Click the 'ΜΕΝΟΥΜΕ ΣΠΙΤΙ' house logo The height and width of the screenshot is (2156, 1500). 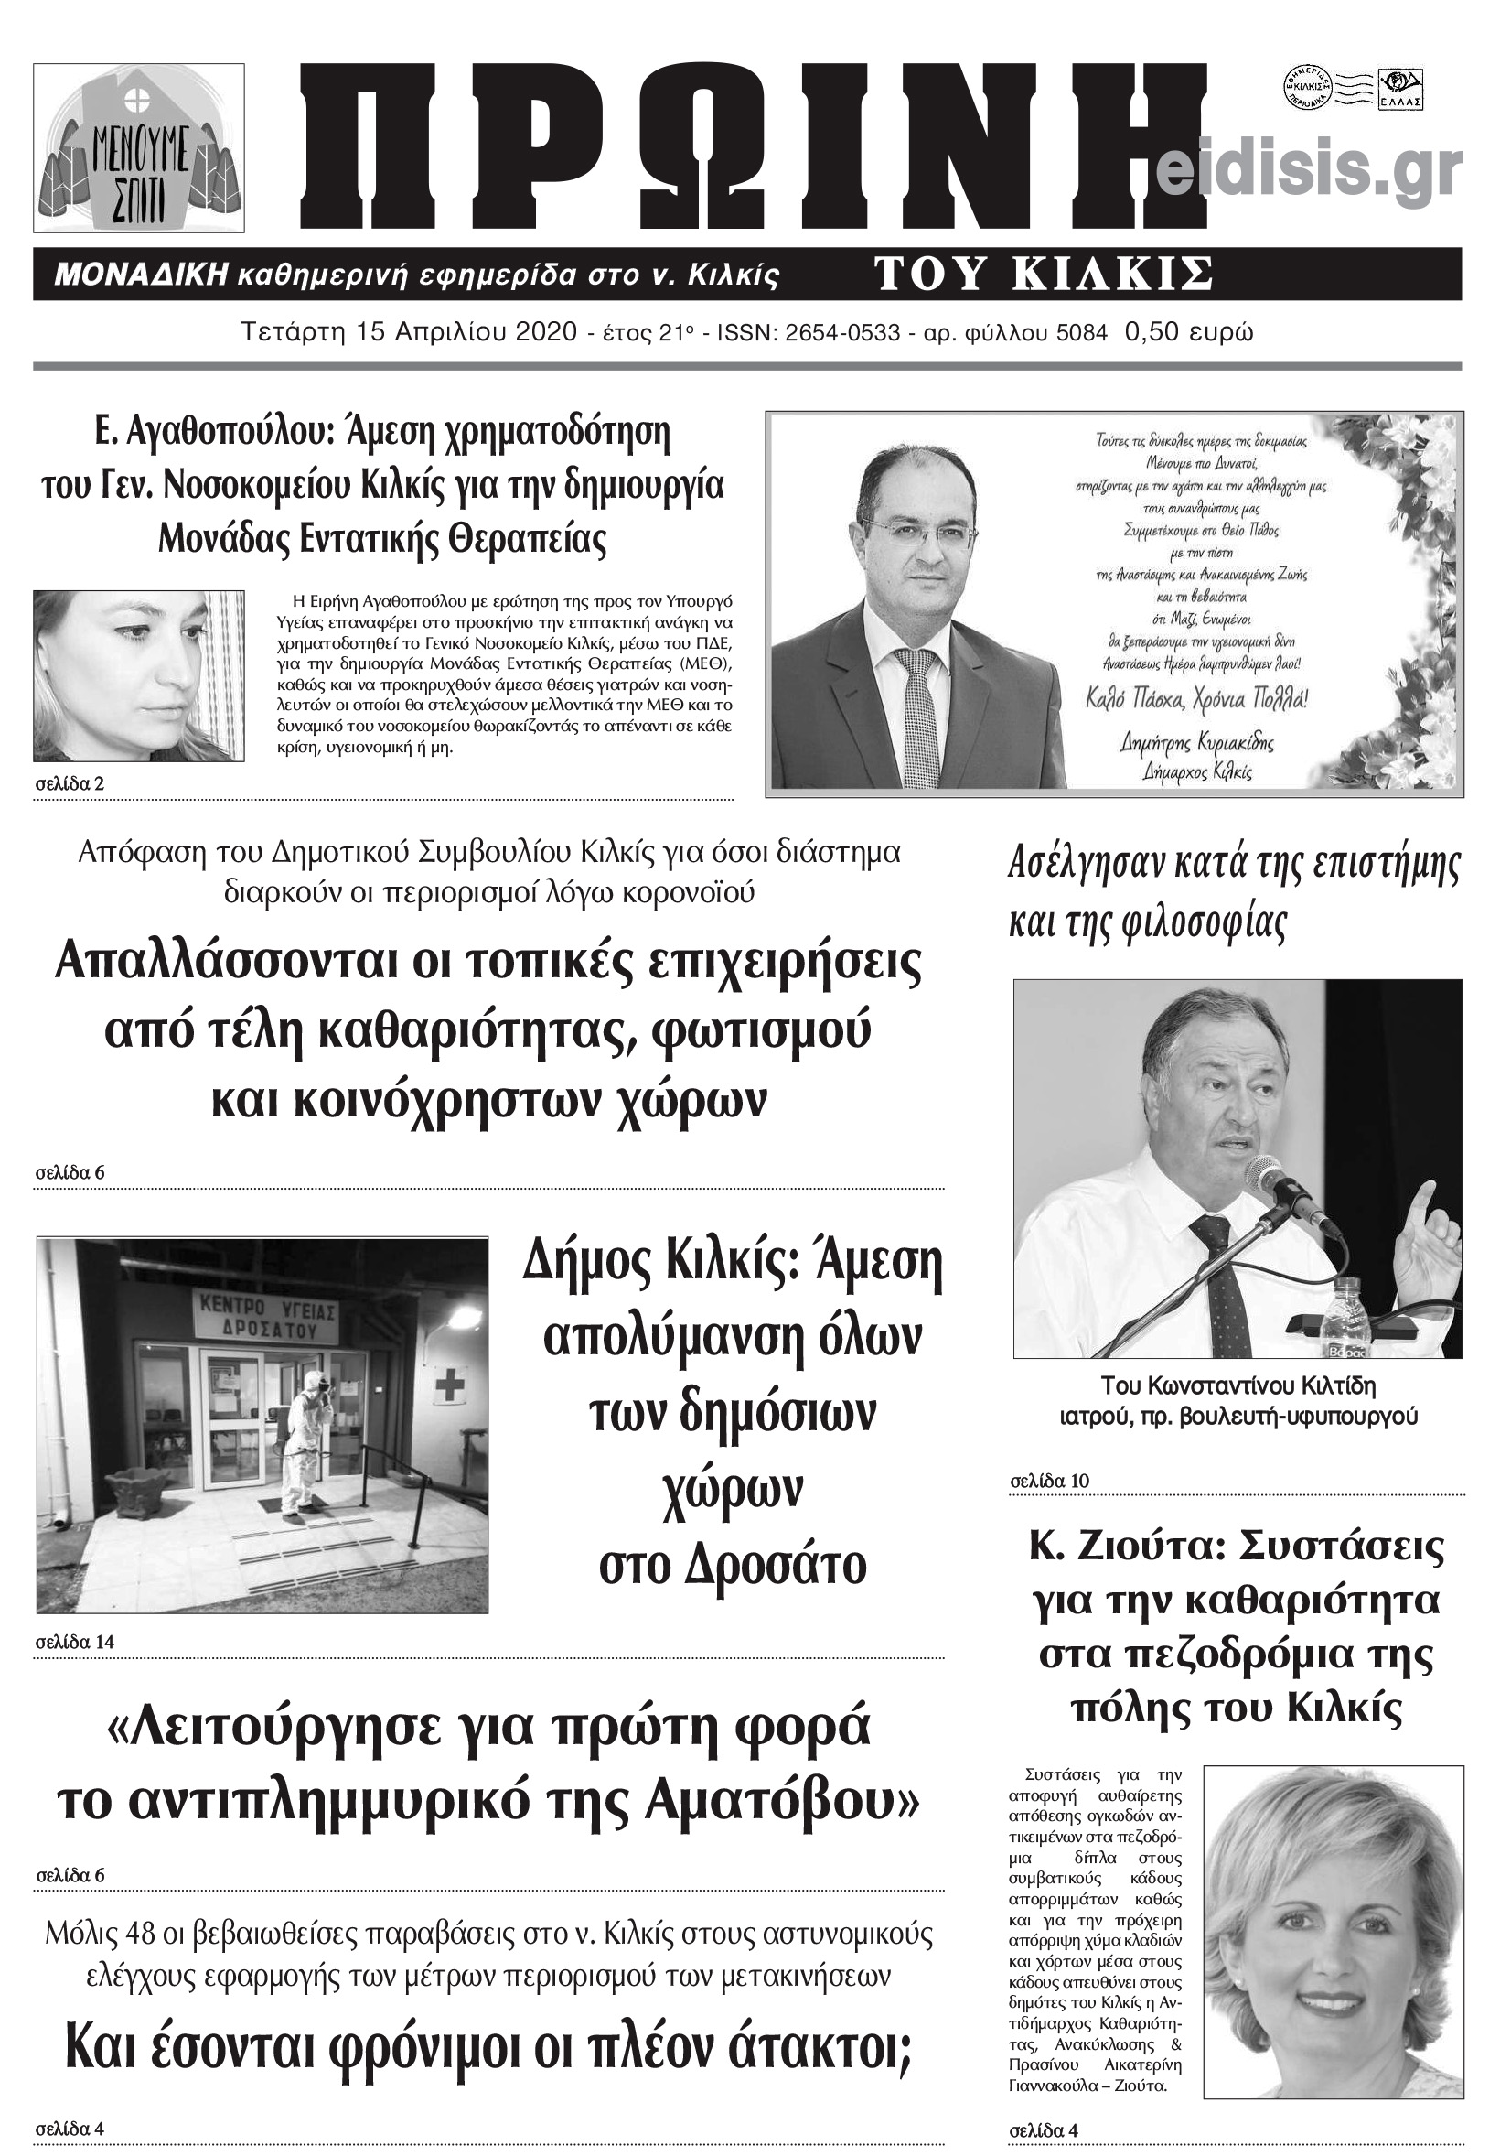tap(139, 148)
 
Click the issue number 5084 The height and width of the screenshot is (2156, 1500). tap(1084, 332)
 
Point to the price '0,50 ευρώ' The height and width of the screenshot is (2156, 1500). tap(1188, 332)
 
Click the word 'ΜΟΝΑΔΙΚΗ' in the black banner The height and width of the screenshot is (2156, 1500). tap(142, 275)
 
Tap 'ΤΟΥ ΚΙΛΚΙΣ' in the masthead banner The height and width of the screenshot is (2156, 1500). tap(1043, 275)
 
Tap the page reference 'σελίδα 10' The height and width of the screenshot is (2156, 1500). tap(1048, 1481)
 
